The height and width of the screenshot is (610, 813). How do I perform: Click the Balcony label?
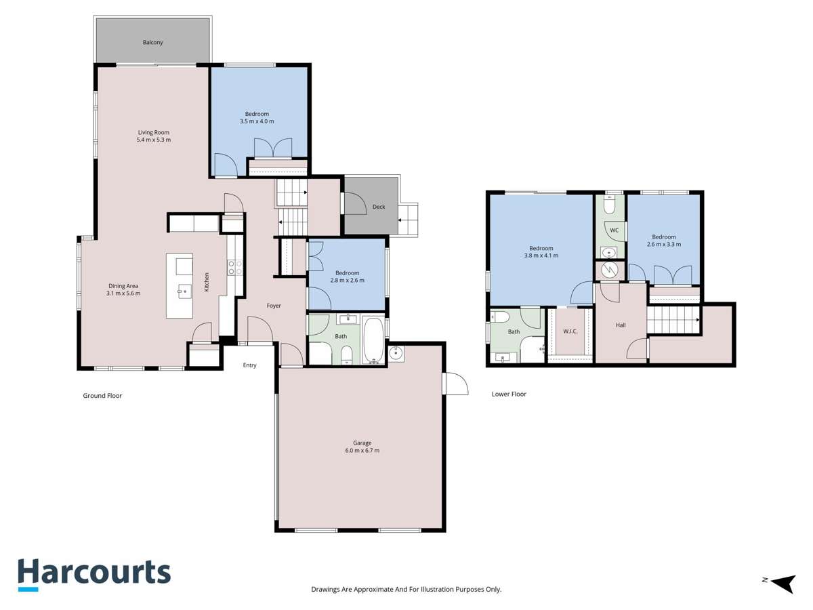click(x=152, y=43)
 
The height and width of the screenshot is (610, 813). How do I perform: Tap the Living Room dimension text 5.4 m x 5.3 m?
click(x=154, y=140)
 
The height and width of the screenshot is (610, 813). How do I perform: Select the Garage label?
click(x=362, y=443)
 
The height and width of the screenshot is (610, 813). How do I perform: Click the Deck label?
click(x=378, y=207)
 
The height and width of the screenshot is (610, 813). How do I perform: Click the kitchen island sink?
click(x=184, y=291)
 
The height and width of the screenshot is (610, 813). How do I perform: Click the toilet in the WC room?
click(x=609, y=204)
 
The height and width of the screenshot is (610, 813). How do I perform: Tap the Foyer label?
click(x=274, y=306)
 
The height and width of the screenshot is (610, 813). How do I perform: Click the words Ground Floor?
click(x=102, y=395)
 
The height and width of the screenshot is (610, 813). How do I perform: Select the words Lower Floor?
click(x=509, y=394)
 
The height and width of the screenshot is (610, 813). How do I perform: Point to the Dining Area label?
click(x=123, y=286)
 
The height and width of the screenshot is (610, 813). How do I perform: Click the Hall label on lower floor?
click(x=621, y=325)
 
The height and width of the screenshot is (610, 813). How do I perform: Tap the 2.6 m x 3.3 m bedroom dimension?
click(x=664, y=244)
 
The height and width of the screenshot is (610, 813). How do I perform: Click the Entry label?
click(x=250, y=365)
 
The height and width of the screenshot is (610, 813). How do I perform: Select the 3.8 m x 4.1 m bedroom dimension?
click(x=541, y=256)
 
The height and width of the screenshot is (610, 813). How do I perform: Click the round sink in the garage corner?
click(x=396, y=353)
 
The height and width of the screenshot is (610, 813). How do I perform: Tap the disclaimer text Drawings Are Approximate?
click(x=406, y=590)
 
